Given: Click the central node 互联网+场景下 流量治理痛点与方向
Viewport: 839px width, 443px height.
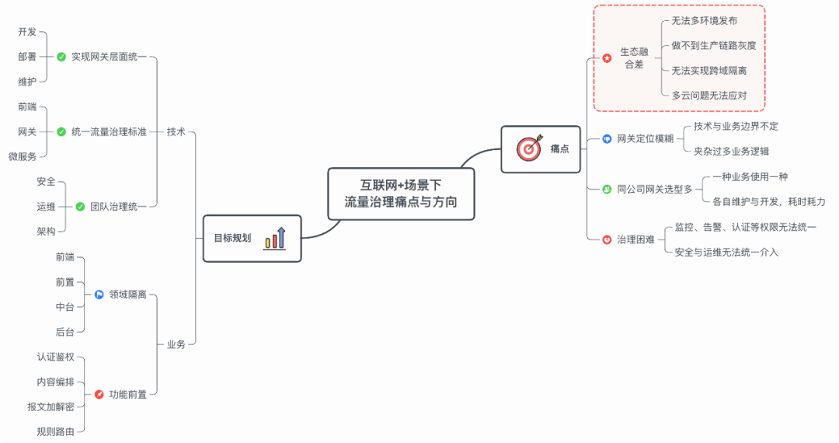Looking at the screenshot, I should click(401, 194).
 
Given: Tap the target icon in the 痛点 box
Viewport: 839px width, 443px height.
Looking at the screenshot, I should click(528, 148).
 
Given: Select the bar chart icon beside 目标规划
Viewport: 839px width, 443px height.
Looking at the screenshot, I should click(275, 238).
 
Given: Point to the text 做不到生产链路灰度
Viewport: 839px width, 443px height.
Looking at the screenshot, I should click(713, 46).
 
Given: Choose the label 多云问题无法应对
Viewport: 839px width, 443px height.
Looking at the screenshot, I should click(708, 96).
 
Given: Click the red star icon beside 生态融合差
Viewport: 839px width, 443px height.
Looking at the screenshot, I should click(607, 58).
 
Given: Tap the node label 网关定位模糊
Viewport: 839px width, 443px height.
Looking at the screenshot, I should click(645, 139).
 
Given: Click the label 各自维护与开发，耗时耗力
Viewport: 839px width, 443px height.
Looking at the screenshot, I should click(768, 201).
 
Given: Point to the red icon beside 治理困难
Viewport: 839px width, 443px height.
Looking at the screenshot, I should click(607, 239).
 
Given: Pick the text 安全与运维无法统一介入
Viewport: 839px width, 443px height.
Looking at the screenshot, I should click(726, 253).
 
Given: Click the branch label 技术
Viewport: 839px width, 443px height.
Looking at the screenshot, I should click(176, 132).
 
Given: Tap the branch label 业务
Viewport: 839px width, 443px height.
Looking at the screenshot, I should click(176, 344).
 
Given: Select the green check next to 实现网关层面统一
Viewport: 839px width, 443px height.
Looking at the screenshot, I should click(61, 57).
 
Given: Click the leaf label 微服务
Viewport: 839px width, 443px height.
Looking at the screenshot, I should click(23, 157).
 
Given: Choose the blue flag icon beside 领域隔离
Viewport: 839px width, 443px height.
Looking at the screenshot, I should click(99, 295).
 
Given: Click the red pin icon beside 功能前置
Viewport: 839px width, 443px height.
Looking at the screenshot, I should click(99, 395).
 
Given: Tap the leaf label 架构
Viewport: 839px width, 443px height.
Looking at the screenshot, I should click(46, 232).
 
